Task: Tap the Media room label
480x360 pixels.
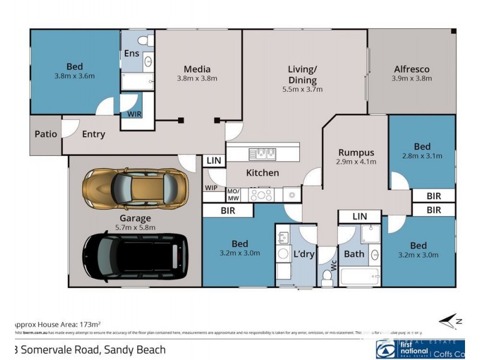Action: point(197,69)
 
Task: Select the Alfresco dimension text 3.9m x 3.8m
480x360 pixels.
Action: point(412,79)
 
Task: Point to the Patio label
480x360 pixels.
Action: point(46,133)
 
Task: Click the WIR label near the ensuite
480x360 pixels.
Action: point(132,113)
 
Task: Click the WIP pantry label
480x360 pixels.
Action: point(211,188)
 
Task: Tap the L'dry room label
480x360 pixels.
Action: point(304,254)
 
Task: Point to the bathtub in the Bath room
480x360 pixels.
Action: point(358,277)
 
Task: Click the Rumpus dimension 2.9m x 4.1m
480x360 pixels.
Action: point(356,161)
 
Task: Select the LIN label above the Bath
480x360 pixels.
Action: point(359,216)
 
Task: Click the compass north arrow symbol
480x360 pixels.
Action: point(450,322)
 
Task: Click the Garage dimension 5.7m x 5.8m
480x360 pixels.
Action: point(135,227)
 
